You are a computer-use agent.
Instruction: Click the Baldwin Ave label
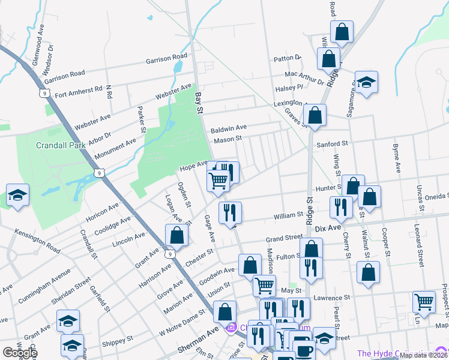[229, 128]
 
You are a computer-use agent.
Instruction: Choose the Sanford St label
[332, 144]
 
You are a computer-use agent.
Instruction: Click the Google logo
[19, 353]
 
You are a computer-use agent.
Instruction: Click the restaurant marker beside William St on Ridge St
[341, 207]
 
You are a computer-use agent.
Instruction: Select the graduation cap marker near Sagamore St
[366, 82]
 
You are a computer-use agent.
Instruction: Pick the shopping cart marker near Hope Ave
[218, 179]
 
